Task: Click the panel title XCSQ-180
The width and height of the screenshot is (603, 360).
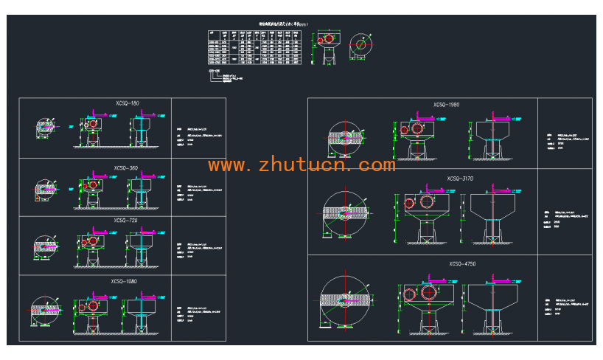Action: coord(128,103)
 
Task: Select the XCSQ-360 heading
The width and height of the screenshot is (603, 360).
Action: coord(126,168)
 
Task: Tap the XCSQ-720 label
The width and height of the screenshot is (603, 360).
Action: coord(126,221)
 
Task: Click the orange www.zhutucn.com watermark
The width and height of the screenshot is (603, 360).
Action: coord(302,165)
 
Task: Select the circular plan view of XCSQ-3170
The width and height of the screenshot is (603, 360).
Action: coord(345,214)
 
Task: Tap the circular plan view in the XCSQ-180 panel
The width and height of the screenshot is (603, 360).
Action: coord(46,128)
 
